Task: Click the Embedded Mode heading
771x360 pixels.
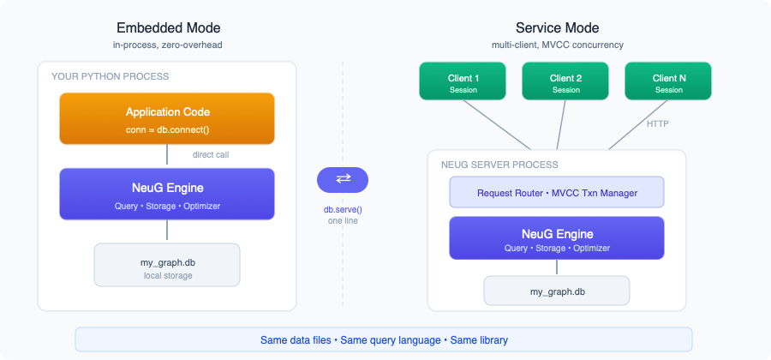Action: point(167,27)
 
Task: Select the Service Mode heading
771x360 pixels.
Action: point(557,27)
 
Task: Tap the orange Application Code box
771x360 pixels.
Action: point(167,118)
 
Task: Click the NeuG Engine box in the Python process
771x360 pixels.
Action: point(167,193)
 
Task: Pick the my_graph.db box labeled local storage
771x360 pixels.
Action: point(167,265)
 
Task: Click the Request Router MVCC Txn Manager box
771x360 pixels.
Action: point(557,193)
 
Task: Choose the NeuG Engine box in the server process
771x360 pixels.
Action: point(557,238)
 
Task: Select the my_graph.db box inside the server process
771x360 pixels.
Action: point(557,291)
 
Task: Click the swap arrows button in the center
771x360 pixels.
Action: point(343,179)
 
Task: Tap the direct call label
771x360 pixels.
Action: point(211,155)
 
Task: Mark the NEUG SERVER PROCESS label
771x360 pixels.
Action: point(499,165)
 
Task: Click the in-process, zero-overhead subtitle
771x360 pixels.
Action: point(167,45)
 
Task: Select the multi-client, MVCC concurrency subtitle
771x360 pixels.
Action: point(557,45)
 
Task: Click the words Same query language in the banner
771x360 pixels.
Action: point(391,340)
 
